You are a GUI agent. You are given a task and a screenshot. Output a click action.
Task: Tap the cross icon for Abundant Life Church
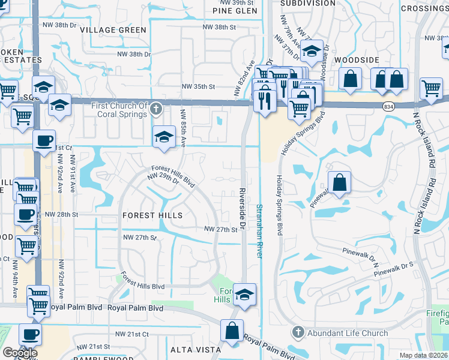coord(299,333)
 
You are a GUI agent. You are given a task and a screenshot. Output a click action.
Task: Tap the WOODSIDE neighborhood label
coord(357,60)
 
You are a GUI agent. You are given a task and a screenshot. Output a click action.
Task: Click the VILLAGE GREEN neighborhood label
coord(113,30)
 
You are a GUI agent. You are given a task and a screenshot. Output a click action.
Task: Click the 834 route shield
coord(388,106)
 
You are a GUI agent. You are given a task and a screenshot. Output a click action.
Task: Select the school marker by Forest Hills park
coord(244,294)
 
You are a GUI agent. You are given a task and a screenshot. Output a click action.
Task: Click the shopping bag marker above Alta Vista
coord(232,331)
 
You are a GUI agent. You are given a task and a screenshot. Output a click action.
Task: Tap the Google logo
coord(20,353)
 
